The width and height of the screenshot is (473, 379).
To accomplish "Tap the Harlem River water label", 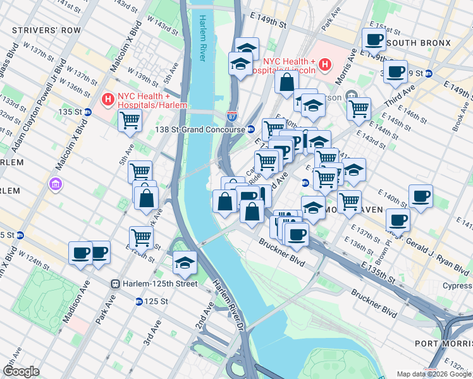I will pyautogui.click(x=203, y=38).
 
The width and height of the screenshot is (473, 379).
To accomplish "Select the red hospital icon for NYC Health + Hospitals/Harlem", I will pyautogui.click(x=108, y=100).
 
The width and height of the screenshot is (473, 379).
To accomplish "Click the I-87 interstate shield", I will pyautogui.click(x=232, y=116).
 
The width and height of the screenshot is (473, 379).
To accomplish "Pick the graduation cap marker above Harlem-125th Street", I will pyautogui.click(x=185, y=263).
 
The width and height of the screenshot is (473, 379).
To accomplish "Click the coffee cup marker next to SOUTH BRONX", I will pyautogui.click(x=374, y=40).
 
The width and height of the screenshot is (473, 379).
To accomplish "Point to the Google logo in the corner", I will pyautogui.click(x=21, y=371).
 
